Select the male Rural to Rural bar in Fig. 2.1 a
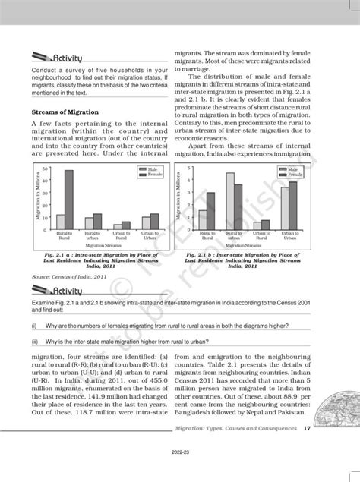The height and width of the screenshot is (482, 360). click(x=60, y=222)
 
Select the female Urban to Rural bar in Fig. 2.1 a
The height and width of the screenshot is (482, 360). click(x=125, y=225)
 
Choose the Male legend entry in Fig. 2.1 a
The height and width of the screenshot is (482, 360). click(x=150, y=169)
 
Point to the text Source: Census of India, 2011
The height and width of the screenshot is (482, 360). click(x=74, y=278)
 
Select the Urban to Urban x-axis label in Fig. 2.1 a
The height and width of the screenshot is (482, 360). click(x=150, y=236)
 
